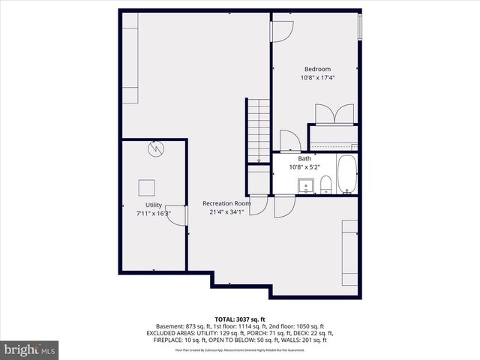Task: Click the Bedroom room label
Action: point(316,69)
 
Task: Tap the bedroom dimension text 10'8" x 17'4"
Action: point(316,77)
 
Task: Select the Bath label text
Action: point(304,159)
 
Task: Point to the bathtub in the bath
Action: point(347,174)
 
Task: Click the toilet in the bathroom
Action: point(325,184)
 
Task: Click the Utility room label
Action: point(153,205)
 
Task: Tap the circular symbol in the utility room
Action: point(155,148)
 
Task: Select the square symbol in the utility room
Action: point(146,187)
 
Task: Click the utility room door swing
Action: point(175,214)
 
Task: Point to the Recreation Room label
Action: point(226,203)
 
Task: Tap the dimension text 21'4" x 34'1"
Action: point(226,211)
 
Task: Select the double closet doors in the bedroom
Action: point(332,114)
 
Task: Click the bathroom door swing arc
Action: point(289,140)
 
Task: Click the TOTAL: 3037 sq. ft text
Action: point(240,319)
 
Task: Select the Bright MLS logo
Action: point(30,349)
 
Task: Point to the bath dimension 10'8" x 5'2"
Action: point(304,167)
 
